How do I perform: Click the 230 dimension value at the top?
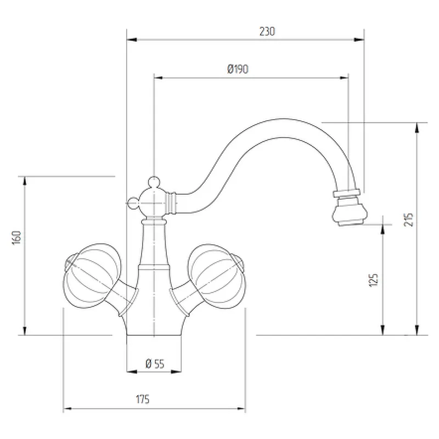(x=267, y=32)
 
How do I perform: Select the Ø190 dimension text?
(x=238, y=69)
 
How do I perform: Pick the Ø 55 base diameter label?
(x=155, y=363)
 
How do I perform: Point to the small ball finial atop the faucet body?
(x=154, y=181)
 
